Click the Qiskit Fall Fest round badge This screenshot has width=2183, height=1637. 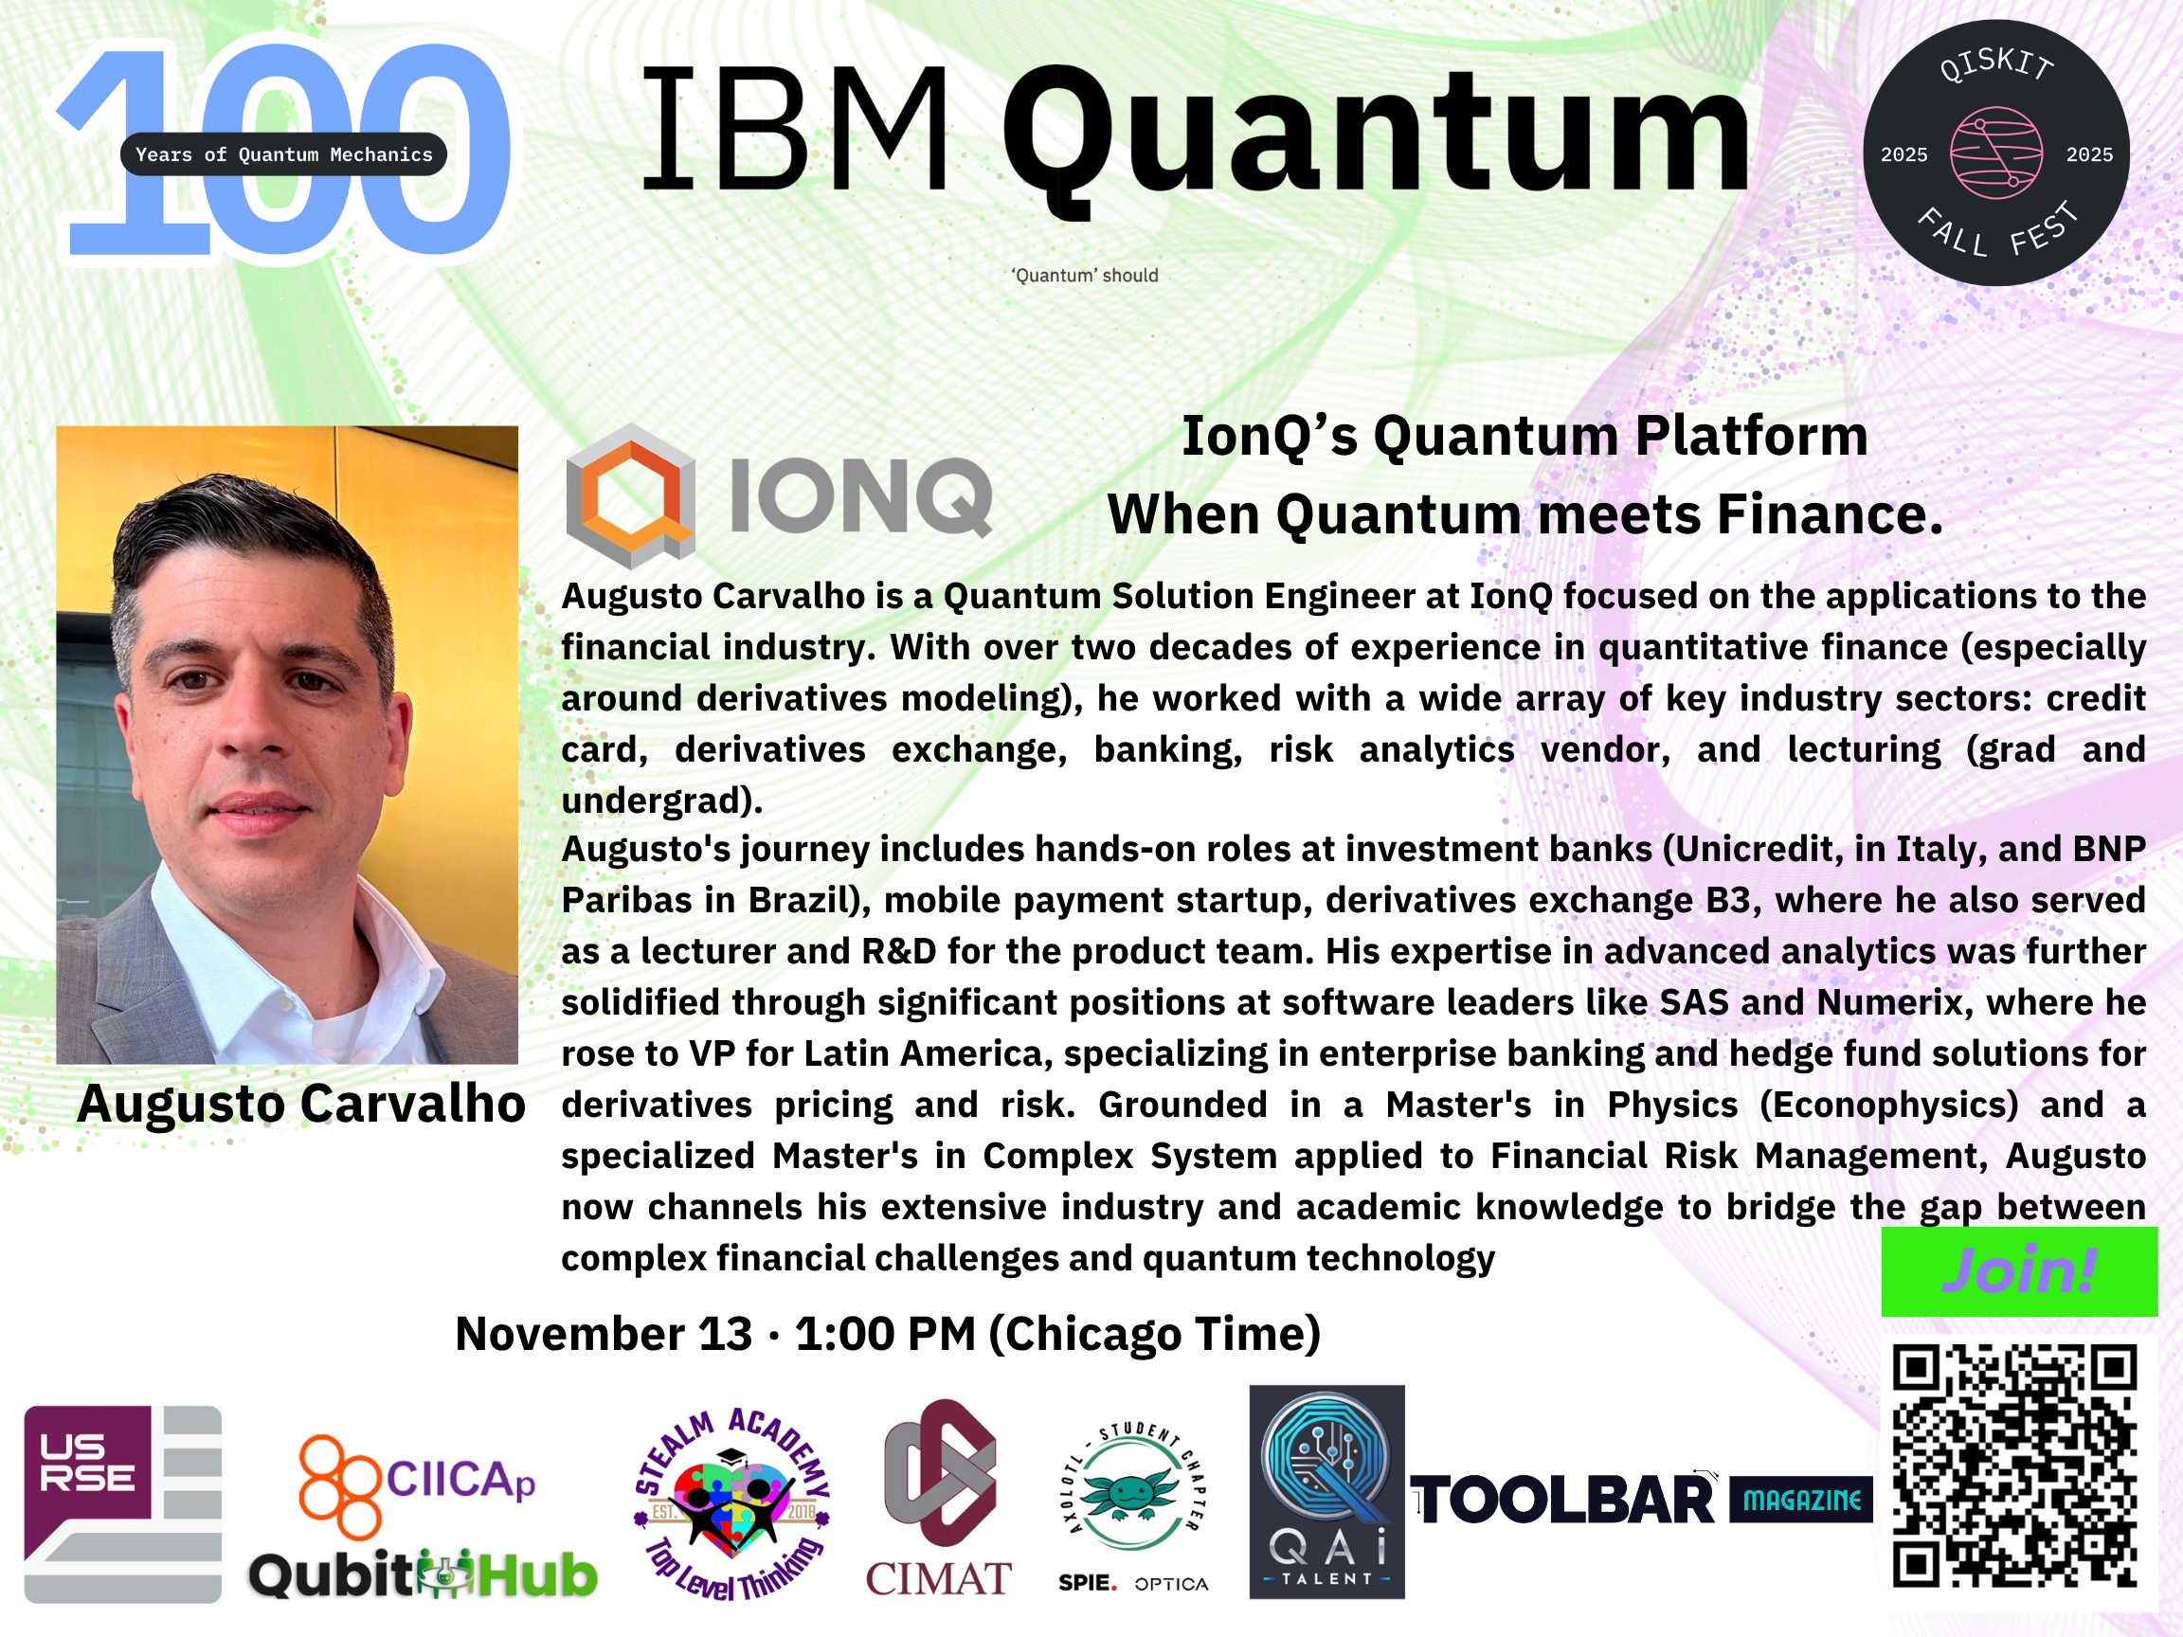1995,153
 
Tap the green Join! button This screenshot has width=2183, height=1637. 2019,1271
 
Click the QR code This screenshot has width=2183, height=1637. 2014,1466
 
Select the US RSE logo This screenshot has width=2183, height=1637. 122,1503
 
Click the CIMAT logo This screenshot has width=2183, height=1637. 939,1498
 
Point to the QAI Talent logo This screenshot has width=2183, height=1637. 1326,1491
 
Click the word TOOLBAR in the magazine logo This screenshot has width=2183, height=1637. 1563,1501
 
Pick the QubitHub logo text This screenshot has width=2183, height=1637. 423,1574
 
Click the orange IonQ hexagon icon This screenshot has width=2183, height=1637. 631,495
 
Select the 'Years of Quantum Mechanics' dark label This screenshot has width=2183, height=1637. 283,153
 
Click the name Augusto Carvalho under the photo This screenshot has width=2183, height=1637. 301,1103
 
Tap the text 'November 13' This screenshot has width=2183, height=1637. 603,1334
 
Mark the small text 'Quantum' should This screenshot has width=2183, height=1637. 1085,276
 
